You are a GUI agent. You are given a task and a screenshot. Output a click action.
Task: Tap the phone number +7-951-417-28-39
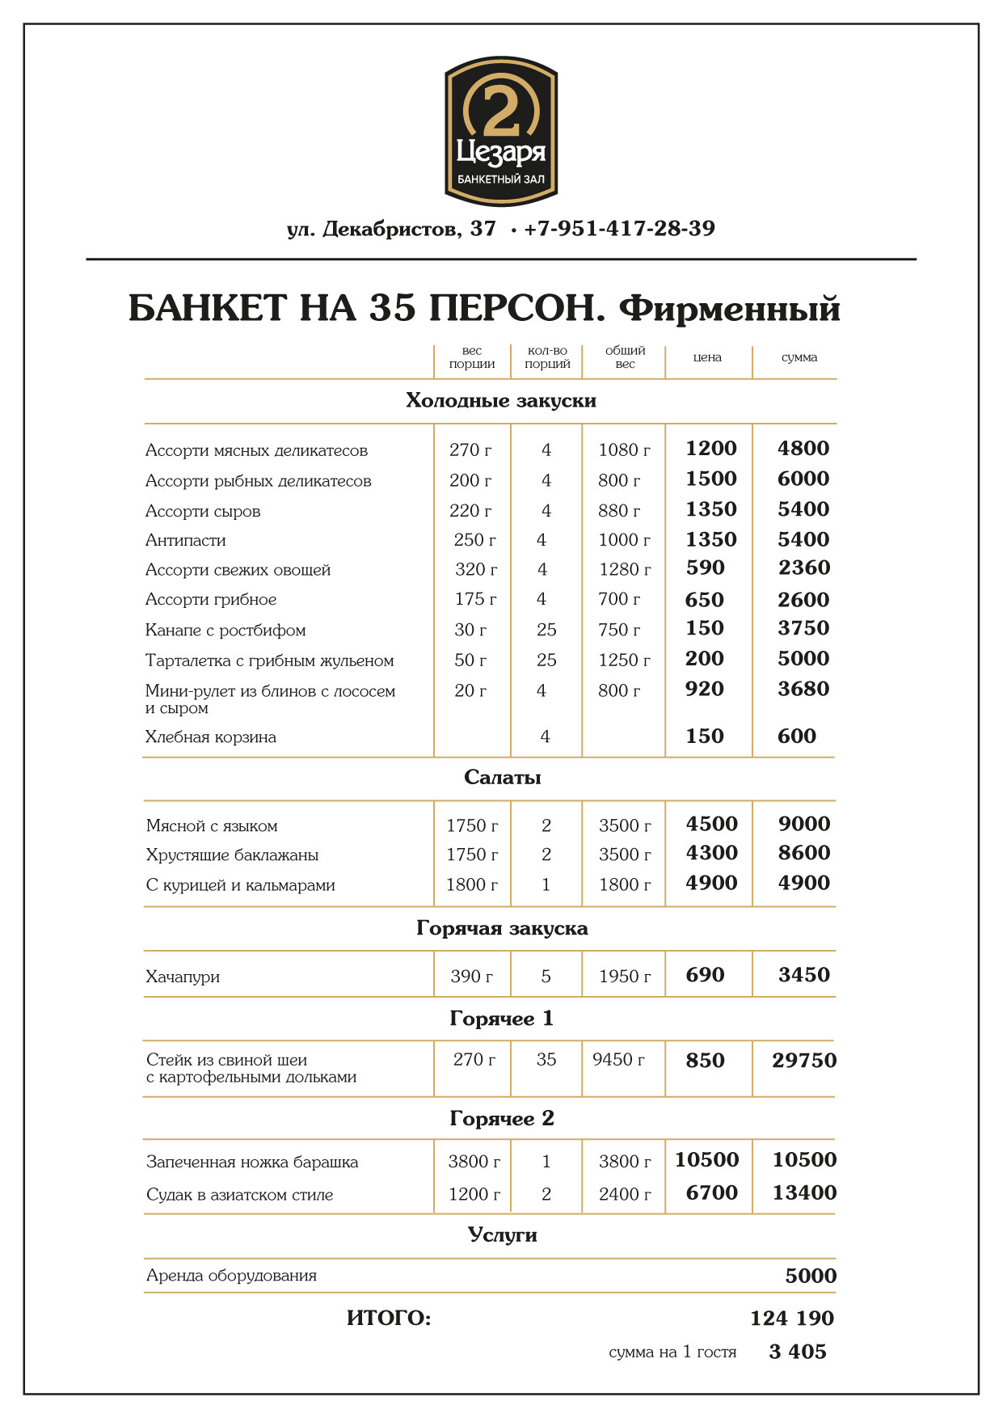tap(619, 229)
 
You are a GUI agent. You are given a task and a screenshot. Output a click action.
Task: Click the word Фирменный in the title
tap(730, 308)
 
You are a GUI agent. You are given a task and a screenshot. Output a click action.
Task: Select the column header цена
tap(707, 357)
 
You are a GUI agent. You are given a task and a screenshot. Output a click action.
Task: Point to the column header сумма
tap(799, 357)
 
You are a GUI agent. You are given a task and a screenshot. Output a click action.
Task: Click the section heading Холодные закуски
tap(501, 401)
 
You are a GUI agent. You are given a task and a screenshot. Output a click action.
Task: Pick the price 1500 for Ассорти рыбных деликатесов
tap(711, 479)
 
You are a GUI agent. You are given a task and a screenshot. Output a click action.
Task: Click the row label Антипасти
tap(186, 540)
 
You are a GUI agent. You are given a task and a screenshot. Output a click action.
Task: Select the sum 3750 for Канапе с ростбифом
tap(803, 628)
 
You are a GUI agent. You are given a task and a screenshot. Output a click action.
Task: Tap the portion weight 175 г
tap(475, 599)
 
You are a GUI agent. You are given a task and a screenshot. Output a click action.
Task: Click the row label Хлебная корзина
tap(211, 736)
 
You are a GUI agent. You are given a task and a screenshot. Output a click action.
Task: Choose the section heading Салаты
tap(502, 778)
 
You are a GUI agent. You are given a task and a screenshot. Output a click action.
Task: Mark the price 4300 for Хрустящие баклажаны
tap(711, 853)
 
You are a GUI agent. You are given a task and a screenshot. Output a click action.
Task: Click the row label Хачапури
tap(183, 977)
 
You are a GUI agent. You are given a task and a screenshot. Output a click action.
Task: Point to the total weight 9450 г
tap(618, 1059)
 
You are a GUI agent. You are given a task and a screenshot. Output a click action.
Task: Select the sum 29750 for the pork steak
tap(803, 1061)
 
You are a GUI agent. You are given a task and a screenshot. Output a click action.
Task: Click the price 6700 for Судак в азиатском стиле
tap(711, 1192)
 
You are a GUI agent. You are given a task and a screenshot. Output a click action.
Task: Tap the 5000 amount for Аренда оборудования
tap(811, 1276)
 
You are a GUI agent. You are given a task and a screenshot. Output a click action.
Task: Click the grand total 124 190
tap(791, 1319)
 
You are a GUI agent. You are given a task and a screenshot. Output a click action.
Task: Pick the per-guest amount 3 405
tap(798, 1352)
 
